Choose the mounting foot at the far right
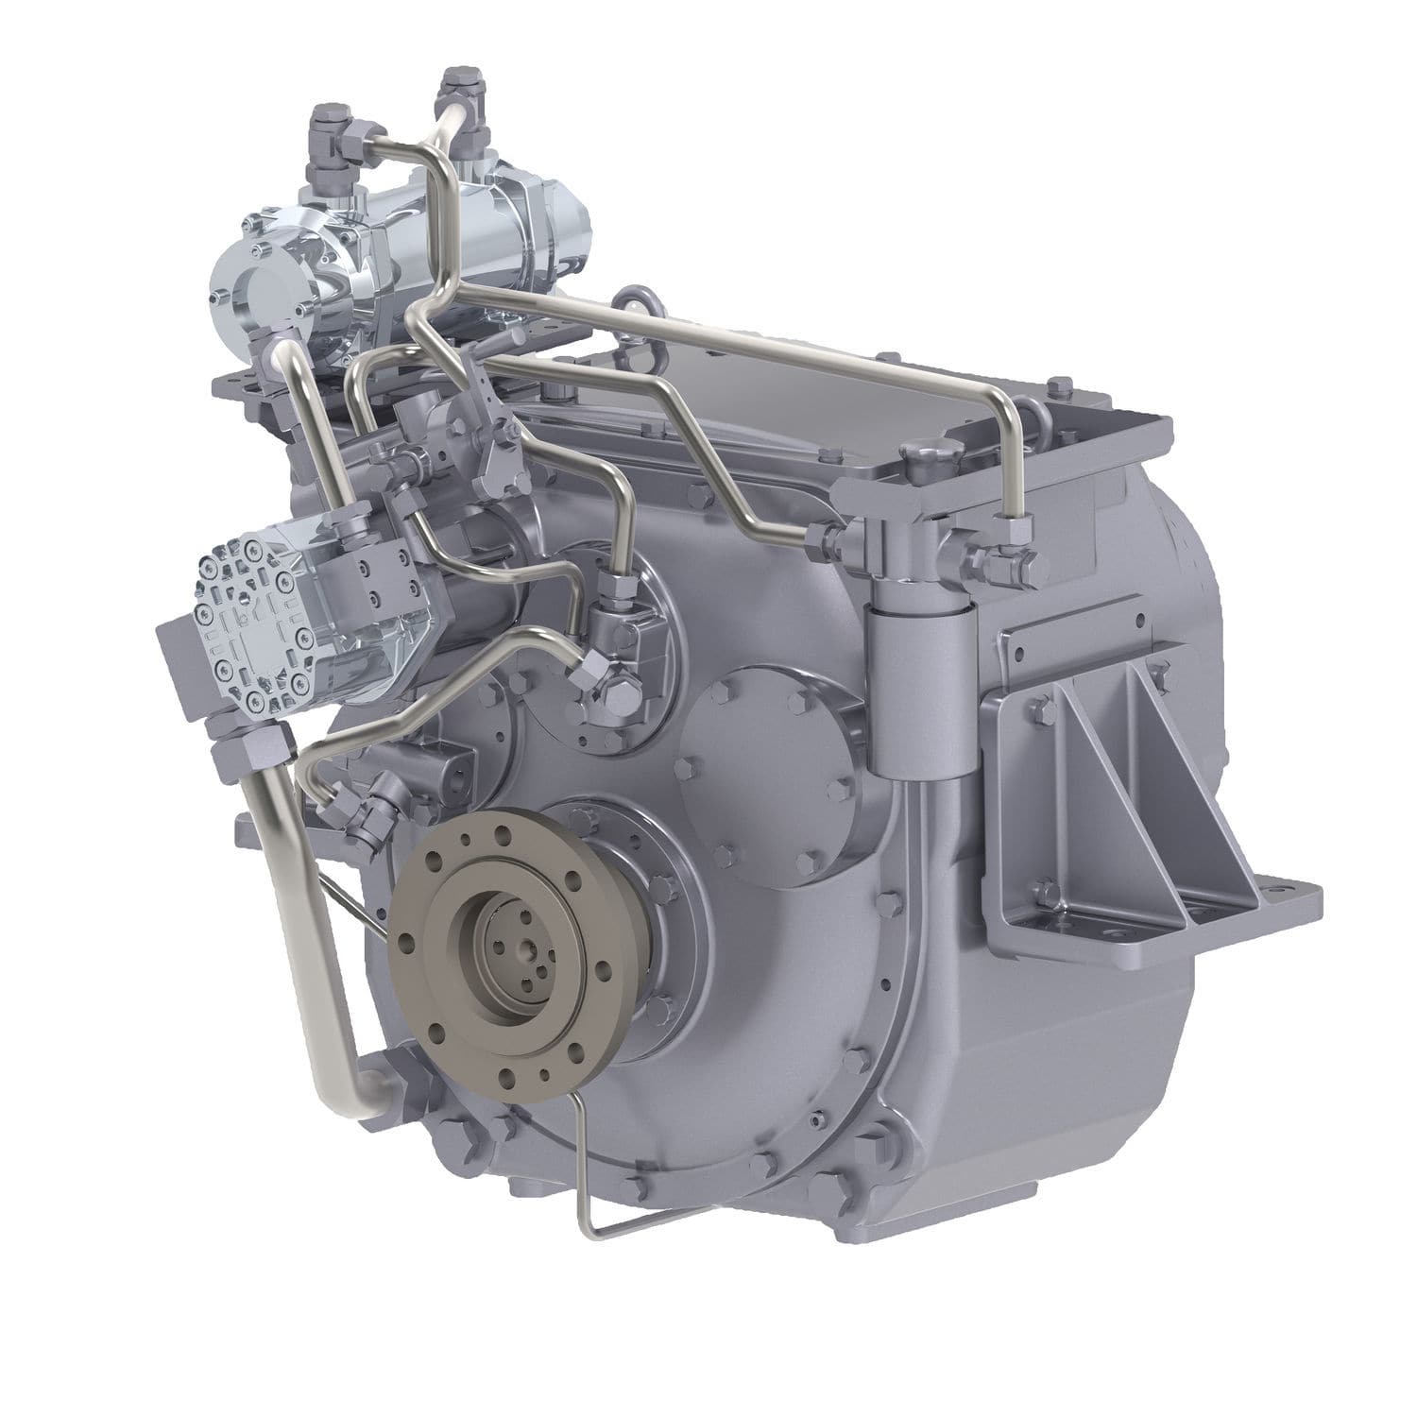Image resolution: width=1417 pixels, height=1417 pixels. (1294, 893)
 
